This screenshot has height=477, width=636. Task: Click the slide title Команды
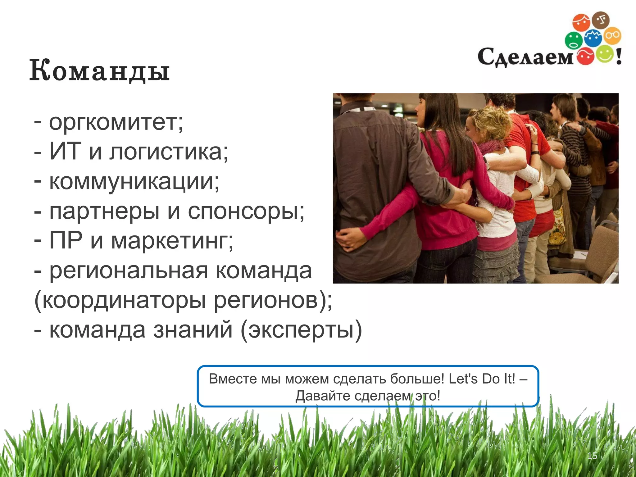click(99, 71)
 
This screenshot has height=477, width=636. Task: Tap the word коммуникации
click(134, 181)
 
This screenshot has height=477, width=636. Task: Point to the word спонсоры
click(245, 211)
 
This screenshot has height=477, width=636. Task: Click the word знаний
click(193, 330)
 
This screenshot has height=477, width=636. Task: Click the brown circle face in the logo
click(601, 20)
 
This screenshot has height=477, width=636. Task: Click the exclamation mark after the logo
click(619, 56)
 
